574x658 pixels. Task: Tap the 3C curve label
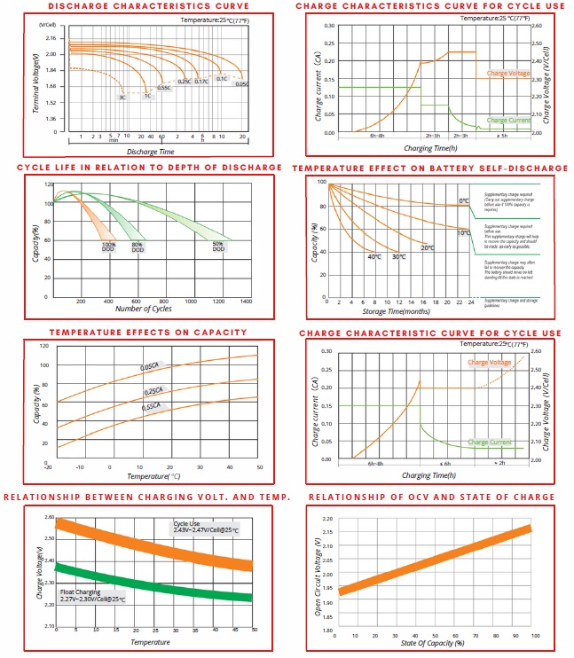(122, 97)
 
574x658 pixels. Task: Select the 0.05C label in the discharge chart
(242, 83)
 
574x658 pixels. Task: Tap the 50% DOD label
(217, 247)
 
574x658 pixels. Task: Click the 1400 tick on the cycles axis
(246, 302)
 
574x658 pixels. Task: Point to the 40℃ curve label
(374, 257)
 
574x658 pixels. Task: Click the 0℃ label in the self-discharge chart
(463, 201)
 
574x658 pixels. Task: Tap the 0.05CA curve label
(149, 366)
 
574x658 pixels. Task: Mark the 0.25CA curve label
(153, 390)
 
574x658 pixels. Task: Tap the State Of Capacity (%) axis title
(431, 642)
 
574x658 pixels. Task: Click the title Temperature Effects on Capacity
(147, 333)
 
